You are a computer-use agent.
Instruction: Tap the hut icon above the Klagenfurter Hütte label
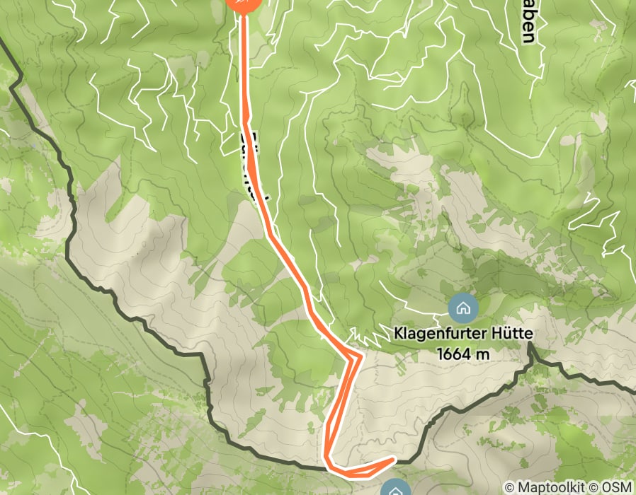click(463, 308)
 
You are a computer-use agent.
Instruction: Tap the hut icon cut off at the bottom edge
click(394, 489)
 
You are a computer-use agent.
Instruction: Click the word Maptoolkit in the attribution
click(553, 487)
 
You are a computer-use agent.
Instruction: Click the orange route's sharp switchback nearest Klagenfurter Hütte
click(360, 356)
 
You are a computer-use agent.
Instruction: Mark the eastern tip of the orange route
click(393, 460)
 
